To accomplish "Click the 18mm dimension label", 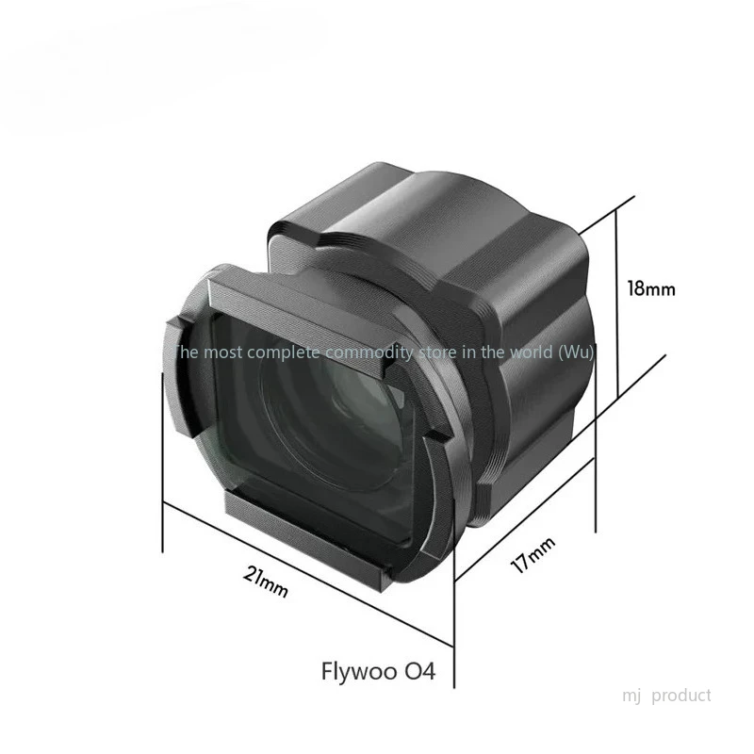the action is [x=651, y=288].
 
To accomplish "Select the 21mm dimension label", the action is [x=266, y=582].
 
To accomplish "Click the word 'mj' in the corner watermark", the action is [x=631, y=696].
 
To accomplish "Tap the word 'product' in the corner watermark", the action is [x=680, y=696].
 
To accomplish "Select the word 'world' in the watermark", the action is [x=532, y=352].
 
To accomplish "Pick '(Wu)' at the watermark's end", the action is [x=576, y=352].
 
